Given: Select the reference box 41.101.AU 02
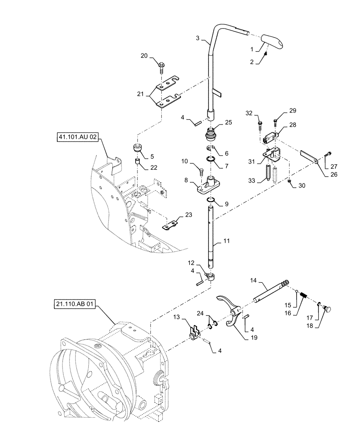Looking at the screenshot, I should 77,138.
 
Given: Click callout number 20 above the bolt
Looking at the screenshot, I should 144,56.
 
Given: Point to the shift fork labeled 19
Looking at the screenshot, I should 231,313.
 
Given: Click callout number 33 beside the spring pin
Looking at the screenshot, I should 252,180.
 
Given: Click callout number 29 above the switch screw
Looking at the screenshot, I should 280,110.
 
